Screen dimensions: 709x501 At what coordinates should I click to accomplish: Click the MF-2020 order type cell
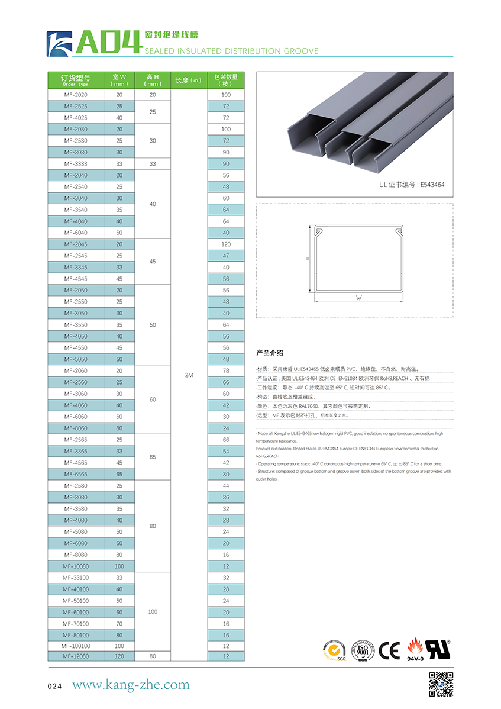(76, 95)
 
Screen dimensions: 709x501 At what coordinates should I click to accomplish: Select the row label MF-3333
(76, 164)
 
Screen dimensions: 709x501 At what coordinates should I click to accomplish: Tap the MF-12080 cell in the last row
(76, 656)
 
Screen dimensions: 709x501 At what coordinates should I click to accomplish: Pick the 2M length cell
(189, 375)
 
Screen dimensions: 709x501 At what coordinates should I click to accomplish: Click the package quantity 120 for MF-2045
(226, 244)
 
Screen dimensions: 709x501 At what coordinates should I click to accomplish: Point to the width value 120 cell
(119, 656)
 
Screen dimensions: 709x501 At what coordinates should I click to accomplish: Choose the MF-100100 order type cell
(76, 646)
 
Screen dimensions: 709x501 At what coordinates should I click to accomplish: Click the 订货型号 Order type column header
(76, 80)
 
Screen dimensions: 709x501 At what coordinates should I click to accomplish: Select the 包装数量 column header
(226, 80)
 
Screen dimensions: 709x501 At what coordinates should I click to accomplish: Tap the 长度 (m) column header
(189, 80)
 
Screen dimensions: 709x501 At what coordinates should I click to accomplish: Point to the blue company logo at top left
(59, 44)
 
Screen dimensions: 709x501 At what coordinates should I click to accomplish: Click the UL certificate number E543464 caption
(412, 185)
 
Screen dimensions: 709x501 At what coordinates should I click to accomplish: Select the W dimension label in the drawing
(358, 298)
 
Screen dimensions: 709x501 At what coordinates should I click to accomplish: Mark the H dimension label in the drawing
(308, 259)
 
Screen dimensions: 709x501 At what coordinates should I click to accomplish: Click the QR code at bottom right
(441, 684)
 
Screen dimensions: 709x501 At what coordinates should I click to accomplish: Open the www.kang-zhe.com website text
(131, 685)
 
